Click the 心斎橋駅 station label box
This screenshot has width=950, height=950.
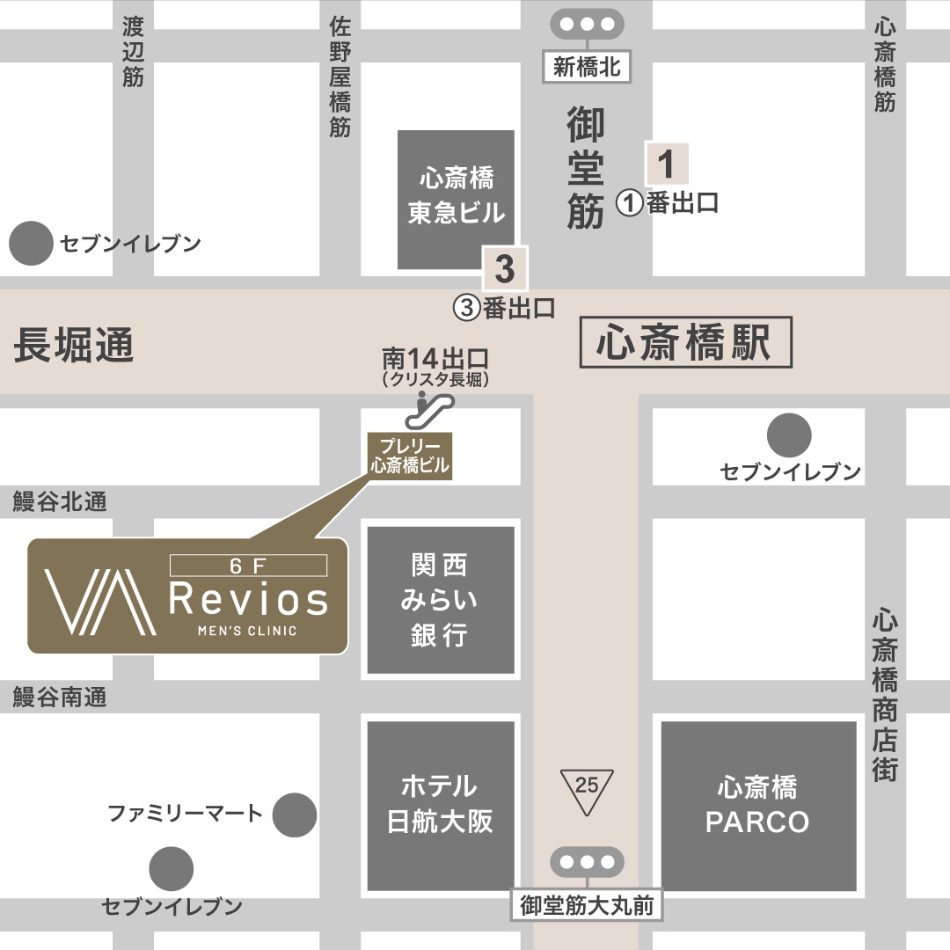(686, 343)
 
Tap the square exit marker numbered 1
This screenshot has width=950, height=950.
(666, 164)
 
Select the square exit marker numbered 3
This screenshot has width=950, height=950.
(504, 269)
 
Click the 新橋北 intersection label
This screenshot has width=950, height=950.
(587, 67)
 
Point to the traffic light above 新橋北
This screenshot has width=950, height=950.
(587, 25)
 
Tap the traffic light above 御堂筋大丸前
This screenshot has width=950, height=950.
(587, 862)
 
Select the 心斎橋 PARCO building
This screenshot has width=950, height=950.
(758, 806)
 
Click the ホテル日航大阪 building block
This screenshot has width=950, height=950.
(441, 806)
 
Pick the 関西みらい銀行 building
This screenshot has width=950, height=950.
(441, 600)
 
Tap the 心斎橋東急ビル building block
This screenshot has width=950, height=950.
(456, 199)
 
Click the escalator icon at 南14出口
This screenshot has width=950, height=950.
(435, 407)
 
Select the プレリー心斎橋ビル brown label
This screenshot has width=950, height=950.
(409, 456)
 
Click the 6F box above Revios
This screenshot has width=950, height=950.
(248, 566)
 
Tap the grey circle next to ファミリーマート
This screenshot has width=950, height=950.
(294, 815)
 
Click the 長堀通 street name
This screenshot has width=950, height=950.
(74, 345)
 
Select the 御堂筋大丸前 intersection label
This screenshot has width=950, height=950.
(587, 906)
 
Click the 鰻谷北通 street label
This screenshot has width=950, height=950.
(60, 501)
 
